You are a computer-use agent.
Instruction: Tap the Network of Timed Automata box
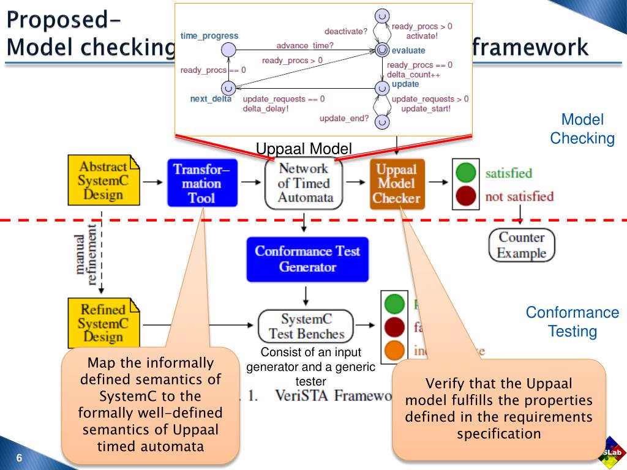pos(304,183)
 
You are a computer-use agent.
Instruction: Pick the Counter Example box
pos(522,245)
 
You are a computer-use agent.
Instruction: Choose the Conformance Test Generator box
pos(307,259)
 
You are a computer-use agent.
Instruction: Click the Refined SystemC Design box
pos(103,323)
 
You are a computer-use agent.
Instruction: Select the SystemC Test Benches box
pos(306,327)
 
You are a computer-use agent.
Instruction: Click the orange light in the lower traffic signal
pos(394,350)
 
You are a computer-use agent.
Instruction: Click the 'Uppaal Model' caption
pos(304,149)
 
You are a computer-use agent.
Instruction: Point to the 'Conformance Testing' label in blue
pos(573,322)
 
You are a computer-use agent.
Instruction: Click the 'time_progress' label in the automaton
pos(209,36)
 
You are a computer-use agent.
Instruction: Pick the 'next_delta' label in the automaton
pos(211,99)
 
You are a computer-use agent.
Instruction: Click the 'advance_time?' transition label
pos(305,45)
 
